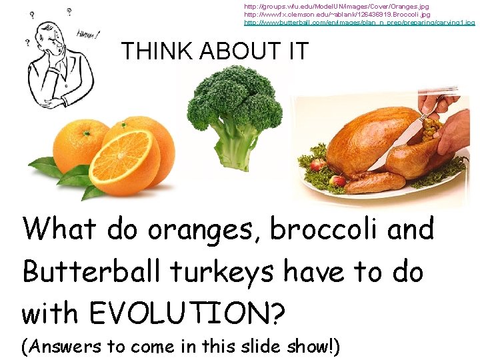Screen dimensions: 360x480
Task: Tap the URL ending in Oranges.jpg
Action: tap(337, 6)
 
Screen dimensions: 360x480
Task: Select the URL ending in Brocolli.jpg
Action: tap(337, 14)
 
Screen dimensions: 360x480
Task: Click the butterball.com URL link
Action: tap(359, 22)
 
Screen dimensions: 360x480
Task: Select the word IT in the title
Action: tap(295, 51)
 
